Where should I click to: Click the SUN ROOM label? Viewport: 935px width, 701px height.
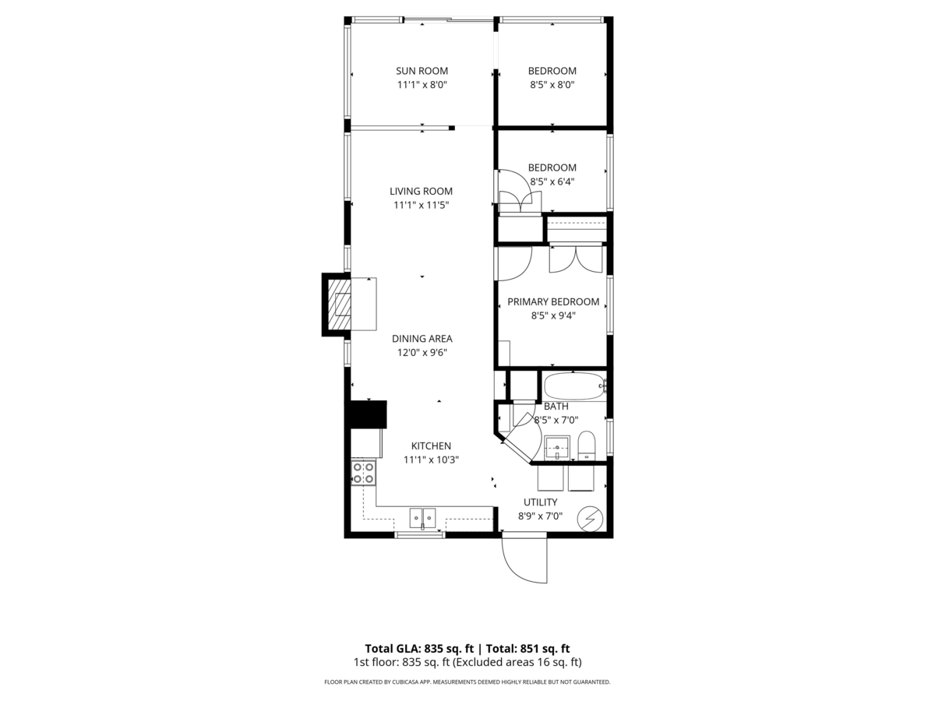422,71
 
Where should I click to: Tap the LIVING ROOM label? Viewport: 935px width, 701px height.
421,192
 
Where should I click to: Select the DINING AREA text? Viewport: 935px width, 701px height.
422,339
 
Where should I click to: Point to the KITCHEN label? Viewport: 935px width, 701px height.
431,446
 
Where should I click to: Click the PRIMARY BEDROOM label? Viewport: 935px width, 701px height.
553,301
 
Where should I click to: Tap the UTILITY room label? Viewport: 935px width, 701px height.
540,502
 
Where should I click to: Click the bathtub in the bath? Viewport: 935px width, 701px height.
575,386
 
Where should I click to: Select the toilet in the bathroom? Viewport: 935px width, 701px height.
586,446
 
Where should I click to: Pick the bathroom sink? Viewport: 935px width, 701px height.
557,448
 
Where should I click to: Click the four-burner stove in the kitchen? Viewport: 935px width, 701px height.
363,473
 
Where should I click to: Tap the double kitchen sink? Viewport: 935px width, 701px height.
422,518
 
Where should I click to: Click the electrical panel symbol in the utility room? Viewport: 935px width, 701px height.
590,519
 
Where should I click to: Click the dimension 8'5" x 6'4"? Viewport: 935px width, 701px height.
552,181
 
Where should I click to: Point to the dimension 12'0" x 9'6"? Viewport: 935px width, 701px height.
422,353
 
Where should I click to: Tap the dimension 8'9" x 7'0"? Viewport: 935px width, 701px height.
540,516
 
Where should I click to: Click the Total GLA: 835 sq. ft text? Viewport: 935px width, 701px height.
419,649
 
